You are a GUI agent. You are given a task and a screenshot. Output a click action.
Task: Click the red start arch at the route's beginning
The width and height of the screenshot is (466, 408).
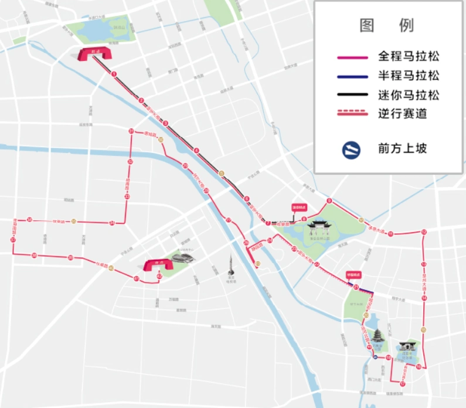[95, 55]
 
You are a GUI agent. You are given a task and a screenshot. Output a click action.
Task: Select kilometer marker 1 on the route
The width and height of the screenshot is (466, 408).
[114, 74]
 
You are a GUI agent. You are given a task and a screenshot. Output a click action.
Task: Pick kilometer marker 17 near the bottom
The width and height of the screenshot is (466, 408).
[403, 384]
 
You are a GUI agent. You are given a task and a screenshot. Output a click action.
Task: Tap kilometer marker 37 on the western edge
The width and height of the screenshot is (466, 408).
[13, 240]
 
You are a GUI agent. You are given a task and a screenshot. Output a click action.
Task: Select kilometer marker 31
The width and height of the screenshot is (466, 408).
[131, 131]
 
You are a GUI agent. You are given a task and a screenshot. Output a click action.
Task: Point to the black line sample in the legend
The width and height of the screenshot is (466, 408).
[352, 95]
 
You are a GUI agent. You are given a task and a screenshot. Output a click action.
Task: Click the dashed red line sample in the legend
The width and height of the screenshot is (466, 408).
[352, 113]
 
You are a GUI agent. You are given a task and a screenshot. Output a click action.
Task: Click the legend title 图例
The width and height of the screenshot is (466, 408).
[387, 25]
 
